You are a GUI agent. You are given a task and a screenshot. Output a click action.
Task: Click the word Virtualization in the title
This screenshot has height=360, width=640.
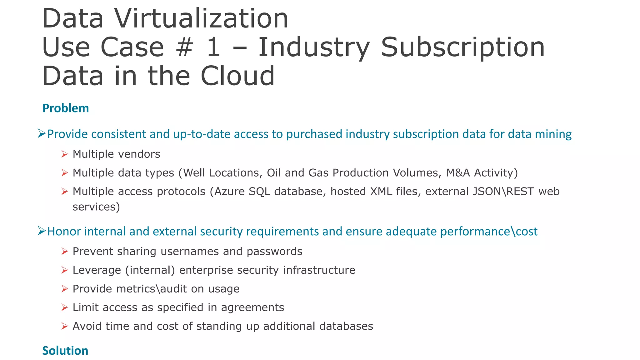201,19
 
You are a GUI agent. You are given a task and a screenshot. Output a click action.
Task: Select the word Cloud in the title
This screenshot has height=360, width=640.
237,76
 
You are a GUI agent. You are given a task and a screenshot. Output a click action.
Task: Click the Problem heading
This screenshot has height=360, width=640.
66,108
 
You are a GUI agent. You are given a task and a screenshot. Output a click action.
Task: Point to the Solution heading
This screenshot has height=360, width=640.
65,351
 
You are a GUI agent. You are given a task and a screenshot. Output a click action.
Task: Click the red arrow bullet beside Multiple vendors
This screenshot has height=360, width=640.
65,154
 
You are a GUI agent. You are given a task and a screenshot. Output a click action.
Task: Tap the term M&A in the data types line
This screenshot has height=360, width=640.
458,173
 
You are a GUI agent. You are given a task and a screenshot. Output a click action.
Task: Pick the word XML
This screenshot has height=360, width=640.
381,192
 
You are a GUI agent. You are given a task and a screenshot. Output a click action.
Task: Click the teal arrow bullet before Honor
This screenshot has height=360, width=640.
42,231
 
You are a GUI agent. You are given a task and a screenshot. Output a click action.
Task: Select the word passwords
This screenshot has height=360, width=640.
274,252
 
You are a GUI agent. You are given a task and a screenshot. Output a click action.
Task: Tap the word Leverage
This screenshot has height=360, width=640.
97,270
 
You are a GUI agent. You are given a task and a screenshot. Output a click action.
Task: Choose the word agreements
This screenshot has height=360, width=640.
252,308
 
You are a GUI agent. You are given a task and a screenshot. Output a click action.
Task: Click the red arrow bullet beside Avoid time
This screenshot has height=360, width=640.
65,326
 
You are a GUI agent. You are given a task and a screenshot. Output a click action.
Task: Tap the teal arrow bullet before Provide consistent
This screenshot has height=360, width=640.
42,134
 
